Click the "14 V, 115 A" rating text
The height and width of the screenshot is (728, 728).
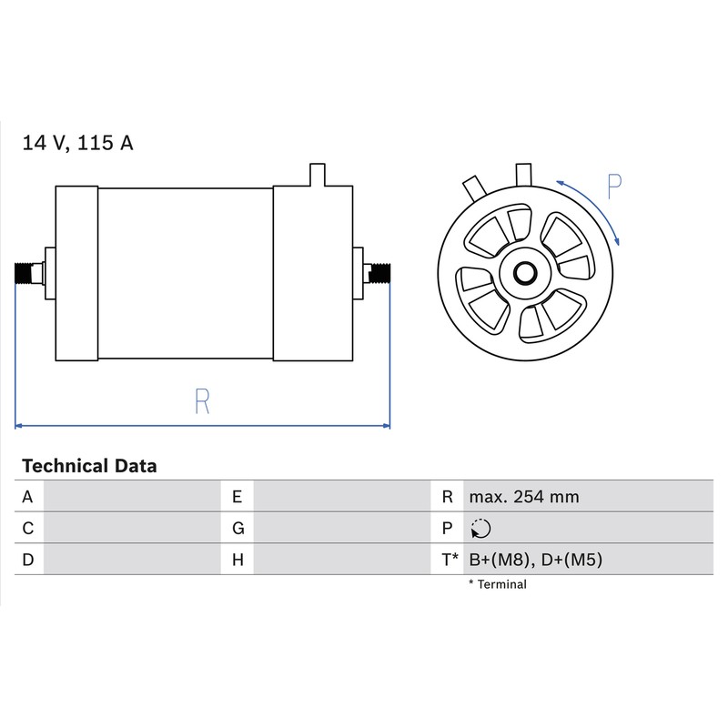coord(77,143)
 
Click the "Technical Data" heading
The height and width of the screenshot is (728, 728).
coord(89,466)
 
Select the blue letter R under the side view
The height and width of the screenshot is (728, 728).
coord(202,401)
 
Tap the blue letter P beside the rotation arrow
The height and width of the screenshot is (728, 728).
coord(614,187)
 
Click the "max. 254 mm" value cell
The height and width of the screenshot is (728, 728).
coord(524,497)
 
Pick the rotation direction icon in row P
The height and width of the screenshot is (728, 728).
coord(480,529)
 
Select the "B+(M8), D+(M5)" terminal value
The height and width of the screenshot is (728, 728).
coord(535,560)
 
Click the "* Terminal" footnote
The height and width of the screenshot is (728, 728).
coord(497,584)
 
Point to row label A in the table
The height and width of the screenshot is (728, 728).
coord(27,497)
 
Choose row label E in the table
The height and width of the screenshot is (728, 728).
coord(237,497)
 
